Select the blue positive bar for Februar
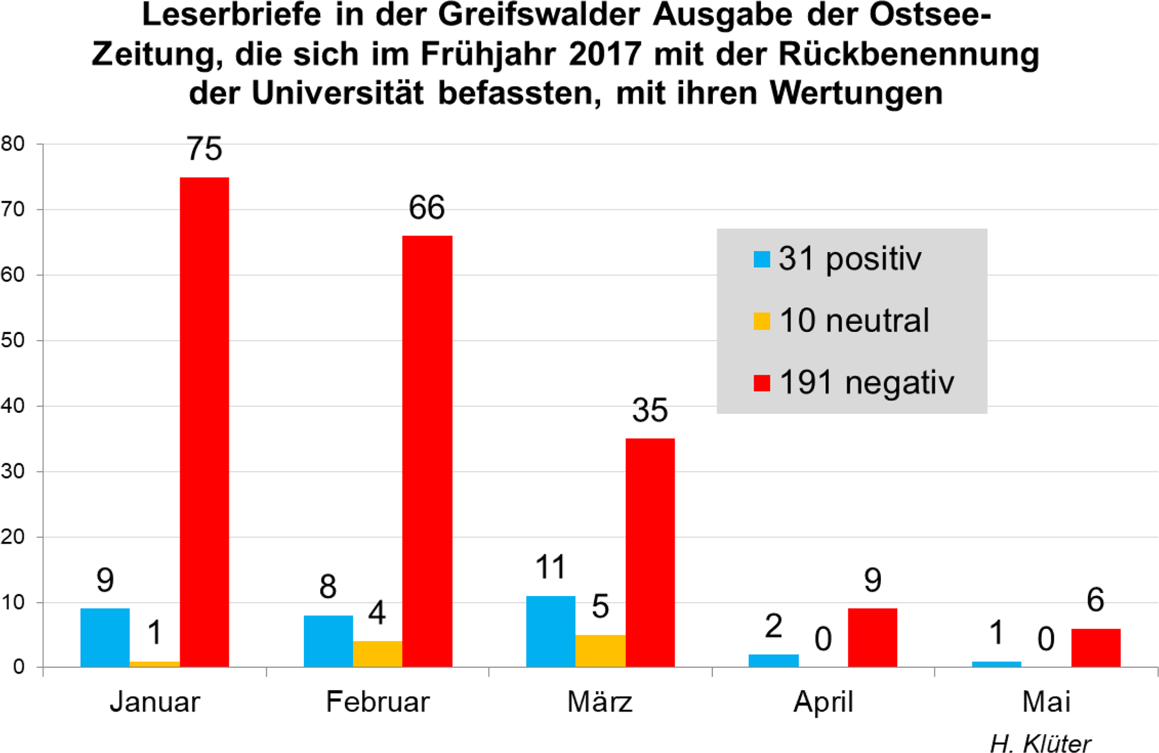tap(328, 641)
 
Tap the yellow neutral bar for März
tap(600, 650)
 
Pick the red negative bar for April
tap(872, 637)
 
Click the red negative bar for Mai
tap(1095, 647)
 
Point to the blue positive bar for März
tap(550, 631)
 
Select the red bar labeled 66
tap(427, 450)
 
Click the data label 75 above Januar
tap(204, 149)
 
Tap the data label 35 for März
tap(650, 410)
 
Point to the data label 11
tap(550, 567)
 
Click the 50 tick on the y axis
tap(13, 341)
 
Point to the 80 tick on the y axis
tap(13, 144)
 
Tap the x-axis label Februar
tap(377, 701)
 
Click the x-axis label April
tap(823, 701)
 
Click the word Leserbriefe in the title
tap(232, 16)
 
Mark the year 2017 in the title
tap(605, 54)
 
